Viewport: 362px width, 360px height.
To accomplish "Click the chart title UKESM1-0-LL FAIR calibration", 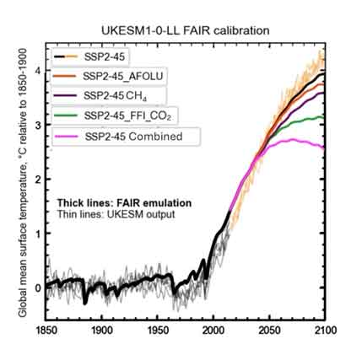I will click(x=183, y=30).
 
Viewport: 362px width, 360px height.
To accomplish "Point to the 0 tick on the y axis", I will click(x=37, y=287).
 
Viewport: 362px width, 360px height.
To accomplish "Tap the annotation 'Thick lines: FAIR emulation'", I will click(x=124, y=203).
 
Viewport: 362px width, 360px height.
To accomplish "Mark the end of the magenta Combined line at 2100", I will click(x=325, y=148).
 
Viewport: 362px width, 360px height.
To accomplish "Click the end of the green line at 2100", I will click(x=325, y=118).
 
